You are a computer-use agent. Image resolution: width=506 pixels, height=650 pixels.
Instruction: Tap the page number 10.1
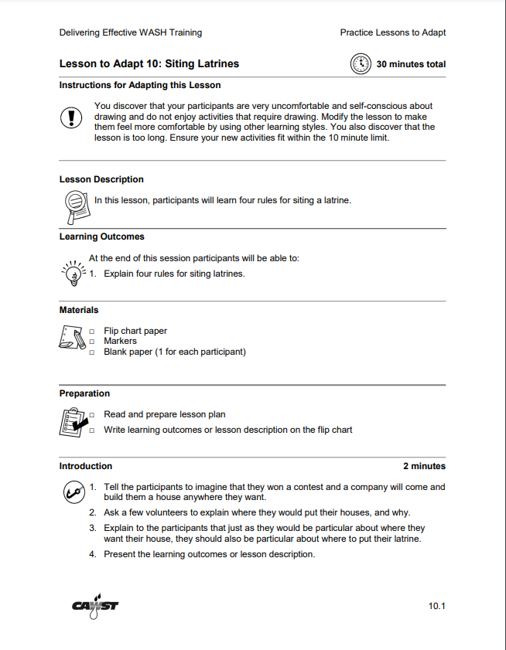point(437,605)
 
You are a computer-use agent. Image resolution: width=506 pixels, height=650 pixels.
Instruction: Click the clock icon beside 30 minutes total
point(361,64)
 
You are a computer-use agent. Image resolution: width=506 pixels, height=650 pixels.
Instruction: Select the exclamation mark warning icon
point(71,117)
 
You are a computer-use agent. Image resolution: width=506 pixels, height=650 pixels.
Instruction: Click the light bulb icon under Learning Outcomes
point(73,273)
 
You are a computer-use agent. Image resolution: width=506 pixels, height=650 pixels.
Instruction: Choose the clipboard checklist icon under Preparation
point(73,422)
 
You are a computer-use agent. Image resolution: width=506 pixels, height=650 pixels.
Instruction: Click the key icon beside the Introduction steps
point(73,491)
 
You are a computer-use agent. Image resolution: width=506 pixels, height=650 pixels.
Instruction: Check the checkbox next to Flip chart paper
point(91,332)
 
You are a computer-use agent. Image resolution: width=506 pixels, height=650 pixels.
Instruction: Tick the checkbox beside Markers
point(91,342)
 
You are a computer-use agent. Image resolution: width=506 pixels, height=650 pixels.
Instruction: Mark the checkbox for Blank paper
point(91,352)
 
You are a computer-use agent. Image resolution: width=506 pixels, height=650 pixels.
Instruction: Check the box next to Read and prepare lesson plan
point(91,415)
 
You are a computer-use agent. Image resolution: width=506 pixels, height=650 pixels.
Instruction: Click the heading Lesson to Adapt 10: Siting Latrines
point(149,64)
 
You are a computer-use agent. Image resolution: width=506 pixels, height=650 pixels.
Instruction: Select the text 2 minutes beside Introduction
point(424,466)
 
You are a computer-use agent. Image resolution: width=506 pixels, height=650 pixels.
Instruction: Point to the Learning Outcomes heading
point(101,237)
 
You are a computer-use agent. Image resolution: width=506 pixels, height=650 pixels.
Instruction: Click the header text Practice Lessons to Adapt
point(392,32)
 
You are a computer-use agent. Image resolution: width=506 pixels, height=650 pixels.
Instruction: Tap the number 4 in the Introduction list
point(92,554)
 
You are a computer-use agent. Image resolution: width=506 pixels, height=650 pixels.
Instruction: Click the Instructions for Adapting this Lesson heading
point(140,85)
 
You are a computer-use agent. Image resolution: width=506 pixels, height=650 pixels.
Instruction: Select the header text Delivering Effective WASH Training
point(131,32)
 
